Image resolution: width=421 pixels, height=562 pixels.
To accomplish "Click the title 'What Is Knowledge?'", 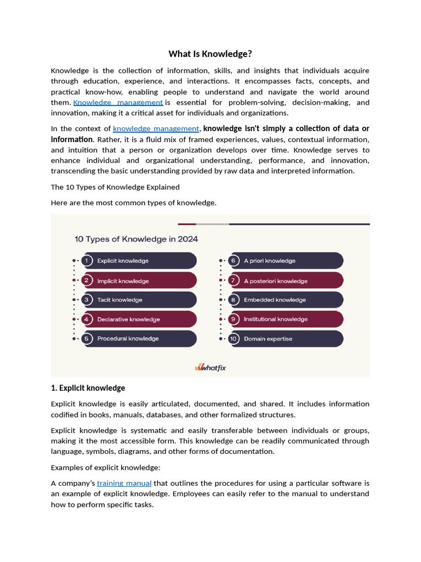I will point(210,54).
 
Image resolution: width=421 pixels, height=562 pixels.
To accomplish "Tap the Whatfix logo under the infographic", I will point(210,367).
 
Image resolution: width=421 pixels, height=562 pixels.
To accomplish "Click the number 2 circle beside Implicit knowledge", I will point(87,280).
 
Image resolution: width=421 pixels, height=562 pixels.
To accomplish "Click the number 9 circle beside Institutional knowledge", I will point(234,319).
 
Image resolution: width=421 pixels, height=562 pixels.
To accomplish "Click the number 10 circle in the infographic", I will point(234,339).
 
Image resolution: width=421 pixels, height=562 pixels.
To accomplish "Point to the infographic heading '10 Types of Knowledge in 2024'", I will point(136,239).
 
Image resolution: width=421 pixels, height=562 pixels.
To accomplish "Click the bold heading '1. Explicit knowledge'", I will point(88,388).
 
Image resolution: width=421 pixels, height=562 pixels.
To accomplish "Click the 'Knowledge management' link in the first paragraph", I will point(118,103).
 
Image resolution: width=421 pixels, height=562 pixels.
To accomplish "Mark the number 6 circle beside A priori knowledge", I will point(234,261).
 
